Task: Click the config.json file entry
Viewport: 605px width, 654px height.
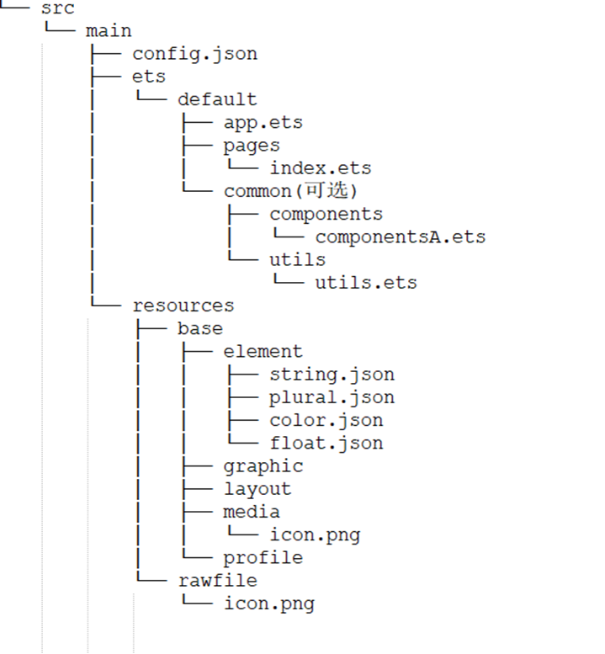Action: (194, 55)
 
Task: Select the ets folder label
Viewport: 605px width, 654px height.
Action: (149, 77)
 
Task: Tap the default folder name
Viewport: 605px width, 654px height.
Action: (217, 99)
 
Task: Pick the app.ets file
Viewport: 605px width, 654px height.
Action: (263, 124)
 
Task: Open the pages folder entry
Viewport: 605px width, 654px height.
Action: (252, 146)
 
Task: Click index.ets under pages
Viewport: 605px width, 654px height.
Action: (321, 168)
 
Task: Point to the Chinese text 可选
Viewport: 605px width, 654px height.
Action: (326, 190)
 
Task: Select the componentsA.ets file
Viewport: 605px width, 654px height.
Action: (401, 237)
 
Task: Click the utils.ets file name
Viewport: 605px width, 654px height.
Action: (366, 282)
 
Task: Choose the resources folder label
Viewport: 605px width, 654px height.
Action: (183, 306)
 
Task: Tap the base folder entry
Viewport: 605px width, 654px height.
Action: (200, 328)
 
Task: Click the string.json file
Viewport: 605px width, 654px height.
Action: (332, 375)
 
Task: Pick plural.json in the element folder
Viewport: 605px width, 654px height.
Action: (332, 398)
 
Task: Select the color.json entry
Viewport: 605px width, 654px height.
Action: (326, 421)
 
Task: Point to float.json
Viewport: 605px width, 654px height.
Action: (326, 444)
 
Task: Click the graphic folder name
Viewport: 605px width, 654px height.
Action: (263, 467)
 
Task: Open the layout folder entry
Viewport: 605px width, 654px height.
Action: (257, 489)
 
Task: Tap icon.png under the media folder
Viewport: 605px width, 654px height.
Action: (315, 535)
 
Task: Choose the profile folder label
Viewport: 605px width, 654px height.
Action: (263, 558)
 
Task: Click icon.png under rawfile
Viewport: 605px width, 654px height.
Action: (269, 604)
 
